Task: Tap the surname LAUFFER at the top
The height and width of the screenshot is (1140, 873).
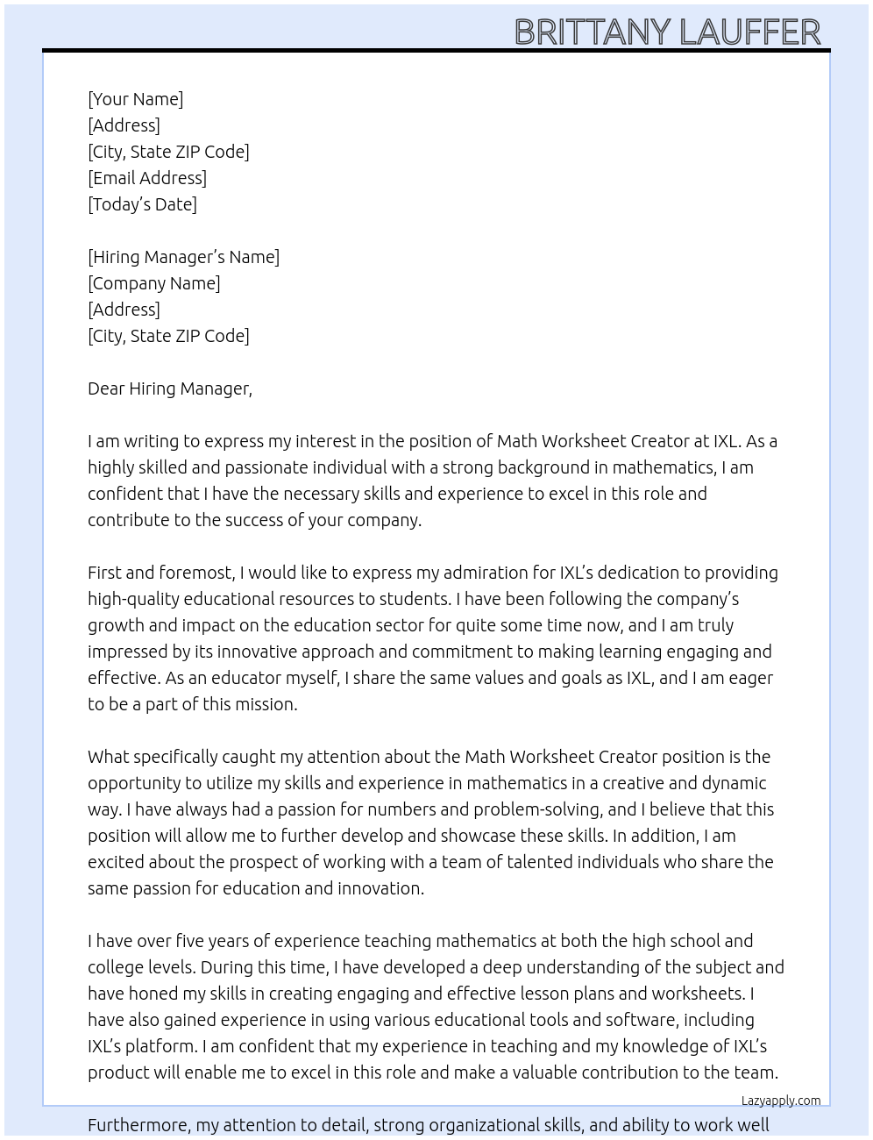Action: (750, 32)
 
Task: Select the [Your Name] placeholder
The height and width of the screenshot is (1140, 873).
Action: (136, 99)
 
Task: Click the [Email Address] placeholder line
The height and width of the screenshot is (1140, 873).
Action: (147, 178)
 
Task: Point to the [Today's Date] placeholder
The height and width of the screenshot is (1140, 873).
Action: (142, 204)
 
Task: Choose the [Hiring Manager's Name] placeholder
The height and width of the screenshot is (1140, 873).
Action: (183, 257)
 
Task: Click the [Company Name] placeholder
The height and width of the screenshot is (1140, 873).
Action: (154, 283)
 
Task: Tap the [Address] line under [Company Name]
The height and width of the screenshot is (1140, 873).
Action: (124, 310)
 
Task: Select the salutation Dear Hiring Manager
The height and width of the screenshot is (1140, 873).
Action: (169, 388)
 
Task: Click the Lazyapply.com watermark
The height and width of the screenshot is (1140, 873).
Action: (781, 1101)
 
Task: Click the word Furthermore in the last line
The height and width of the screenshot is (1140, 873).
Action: (138, 1125)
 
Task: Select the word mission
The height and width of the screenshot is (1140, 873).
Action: (266, 704)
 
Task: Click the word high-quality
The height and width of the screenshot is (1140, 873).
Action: (131, 599)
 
